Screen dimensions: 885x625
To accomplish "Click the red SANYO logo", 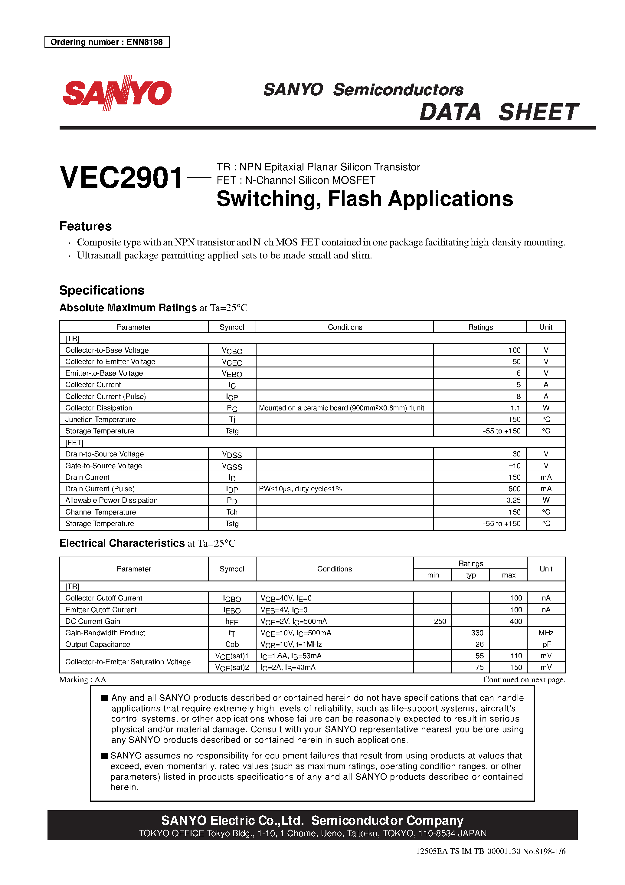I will pyautogui.click(x=117, y=93).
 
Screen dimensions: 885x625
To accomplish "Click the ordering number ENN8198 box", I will pyautogui.click(x=107, y=42).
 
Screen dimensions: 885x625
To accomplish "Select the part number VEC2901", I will pyautogui.click(x=121, y=178).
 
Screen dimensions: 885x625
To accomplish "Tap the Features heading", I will pyautogui.click(x=86, y=226).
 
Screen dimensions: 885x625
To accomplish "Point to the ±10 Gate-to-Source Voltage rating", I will pyautogui.click(x=514, y=466).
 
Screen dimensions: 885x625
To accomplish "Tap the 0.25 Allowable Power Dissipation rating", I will pyautogui.click(x=513, y=500).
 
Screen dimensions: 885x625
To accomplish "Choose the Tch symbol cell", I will pyautogui.click(x=232, y=512).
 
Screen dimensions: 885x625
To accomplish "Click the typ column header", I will pyautogui.click(x=470, y=575).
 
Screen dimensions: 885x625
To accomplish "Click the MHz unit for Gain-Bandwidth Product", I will pyautogui.click(x=546, y=633).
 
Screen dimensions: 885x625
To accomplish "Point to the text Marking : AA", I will pyautogui.click(x=83, y=679).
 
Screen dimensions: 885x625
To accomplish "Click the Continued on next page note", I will pyautogui.click(x=524, y=679).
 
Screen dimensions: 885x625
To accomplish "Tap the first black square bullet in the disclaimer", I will pyautogui.click(x=104, y=698).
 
